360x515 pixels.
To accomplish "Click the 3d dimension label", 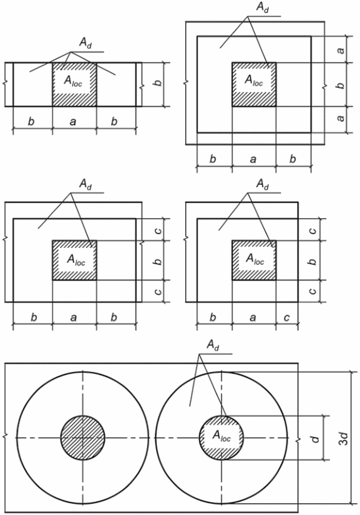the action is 343,438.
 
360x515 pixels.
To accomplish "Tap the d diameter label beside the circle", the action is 315,438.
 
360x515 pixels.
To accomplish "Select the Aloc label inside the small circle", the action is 221,436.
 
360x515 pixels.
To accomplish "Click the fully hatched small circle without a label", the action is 83,438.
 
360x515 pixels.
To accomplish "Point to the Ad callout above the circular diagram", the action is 213,346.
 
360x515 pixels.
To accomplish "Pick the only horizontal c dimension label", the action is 286,318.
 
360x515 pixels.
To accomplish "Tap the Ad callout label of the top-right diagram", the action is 262,8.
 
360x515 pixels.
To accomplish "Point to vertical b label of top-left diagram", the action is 158,81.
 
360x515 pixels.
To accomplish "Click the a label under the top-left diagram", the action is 73,122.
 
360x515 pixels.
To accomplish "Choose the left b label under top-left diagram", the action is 31,121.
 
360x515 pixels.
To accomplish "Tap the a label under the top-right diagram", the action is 253,159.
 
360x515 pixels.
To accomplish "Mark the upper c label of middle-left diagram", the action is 158,230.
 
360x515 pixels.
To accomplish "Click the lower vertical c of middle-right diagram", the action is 313,291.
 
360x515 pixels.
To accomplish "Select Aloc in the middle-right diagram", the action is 255,259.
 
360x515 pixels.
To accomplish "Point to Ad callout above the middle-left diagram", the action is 85,185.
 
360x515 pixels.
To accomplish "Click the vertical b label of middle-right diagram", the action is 313,260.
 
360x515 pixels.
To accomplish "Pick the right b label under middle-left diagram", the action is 114,317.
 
